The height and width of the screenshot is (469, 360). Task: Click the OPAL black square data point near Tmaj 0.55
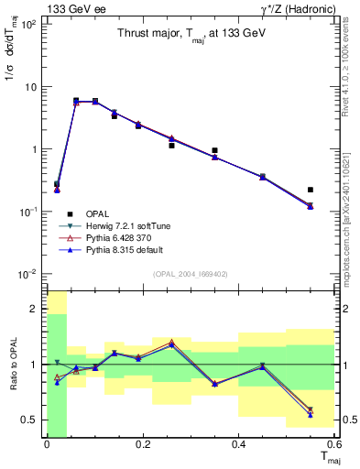pos(311,190)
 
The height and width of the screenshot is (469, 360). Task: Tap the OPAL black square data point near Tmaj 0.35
pos(214,150)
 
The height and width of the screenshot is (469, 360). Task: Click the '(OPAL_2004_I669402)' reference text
pos(191,272)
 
